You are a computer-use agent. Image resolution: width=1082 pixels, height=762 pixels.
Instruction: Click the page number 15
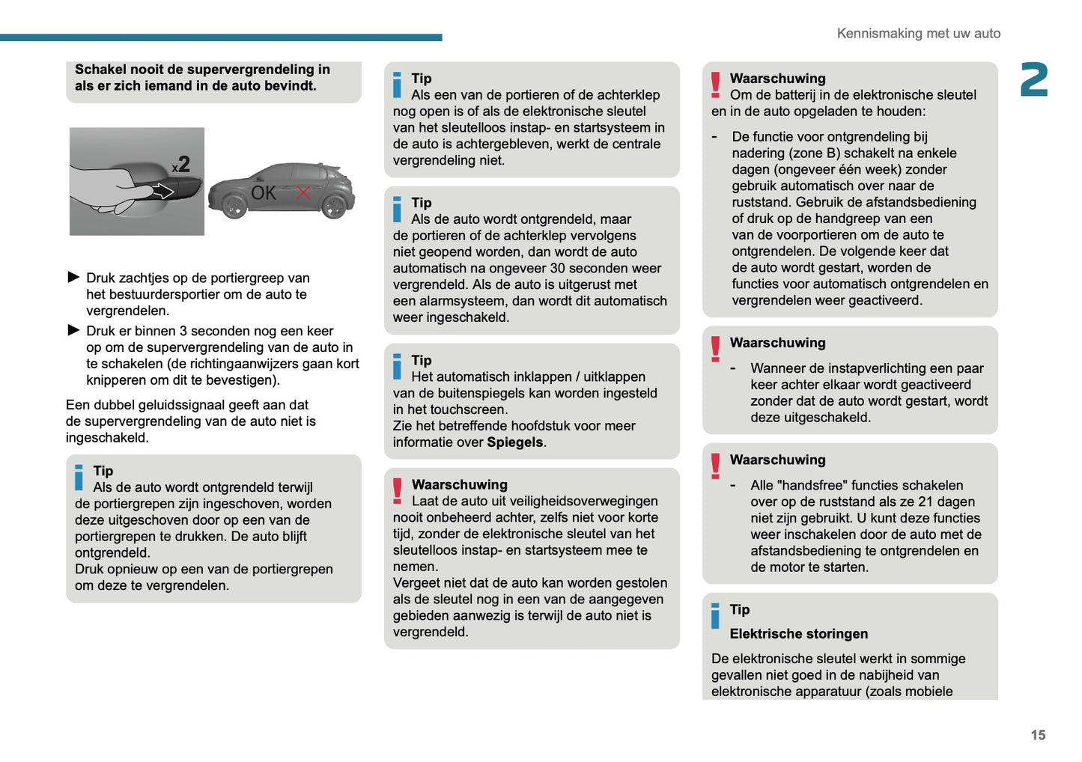[1037, 735]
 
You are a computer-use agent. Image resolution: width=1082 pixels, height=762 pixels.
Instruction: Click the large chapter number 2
[1034, 80]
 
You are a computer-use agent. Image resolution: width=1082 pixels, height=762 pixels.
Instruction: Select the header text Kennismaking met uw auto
[918, 34]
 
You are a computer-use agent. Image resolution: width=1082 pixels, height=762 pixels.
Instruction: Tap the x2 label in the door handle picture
[181, 165]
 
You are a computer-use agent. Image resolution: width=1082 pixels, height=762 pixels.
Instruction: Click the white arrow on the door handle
[162, 192]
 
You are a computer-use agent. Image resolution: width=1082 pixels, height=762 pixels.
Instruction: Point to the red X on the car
[303, 192]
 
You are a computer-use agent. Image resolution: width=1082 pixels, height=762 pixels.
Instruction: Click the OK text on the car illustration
[264, 193]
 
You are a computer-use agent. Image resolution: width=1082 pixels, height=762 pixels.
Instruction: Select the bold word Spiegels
[514, 442]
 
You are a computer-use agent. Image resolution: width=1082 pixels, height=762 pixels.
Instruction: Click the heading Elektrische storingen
[798, 634]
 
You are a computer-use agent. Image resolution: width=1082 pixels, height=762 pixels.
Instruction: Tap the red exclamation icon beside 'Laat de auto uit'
[397, 491]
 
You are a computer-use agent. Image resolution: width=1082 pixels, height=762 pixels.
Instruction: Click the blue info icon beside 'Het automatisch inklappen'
[397, 367]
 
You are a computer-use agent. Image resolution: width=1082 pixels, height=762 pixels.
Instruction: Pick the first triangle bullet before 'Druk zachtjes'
[73, 278]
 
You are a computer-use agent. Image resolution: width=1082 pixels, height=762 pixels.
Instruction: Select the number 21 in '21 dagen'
[925, 502]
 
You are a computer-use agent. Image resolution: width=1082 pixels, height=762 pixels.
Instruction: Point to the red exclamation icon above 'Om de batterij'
[715, 85]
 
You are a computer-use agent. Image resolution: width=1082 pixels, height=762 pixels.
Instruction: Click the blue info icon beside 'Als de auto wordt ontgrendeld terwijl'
[79, 478]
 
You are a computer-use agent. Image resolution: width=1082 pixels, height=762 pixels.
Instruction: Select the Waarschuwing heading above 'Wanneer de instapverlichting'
[777, 343]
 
